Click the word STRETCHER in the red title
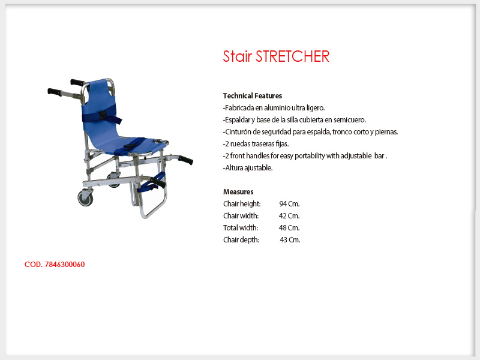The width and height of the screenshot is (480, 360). pos(292,56)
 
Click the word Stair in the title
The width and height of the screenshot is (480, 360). pos(237,56)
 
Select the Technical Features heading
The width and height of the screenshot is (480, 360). pos(253,96)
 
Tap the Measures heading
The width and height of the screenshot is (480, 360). pos(238,192)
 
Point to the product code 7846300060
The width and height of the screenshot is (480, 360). pos(65,265)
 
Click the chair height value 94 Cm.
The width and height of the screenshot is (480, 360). pos(289,204)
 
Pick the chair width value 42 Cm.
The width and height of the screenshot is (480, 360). pos(289,216)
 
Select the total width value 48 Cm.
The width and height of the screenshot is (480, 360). pos(289,228)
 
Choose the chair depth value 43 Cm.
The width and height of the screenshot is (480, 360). pos(290,239)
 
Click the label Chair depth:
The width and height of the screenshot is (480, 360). pos(241,239)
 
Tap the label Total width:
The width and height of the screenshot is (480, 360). pos(241,228)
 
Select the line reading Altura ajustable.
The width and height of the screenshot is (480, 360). pos(248,168)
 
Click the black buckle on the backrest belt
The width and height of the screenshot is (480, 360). pos(103,115)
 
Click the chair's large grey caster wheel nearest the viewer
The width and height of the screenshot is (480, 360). pos(85,199)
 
